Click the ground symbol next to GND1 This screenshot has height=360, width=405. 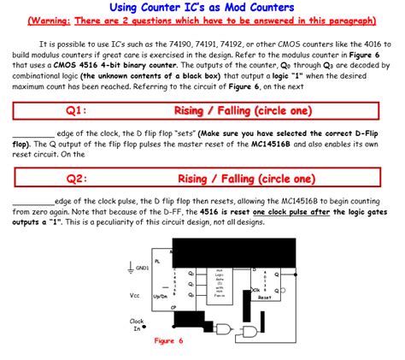click(x=130, y=268)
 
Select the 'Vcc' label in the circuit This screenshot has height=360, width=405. click(x=134, y=295)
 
